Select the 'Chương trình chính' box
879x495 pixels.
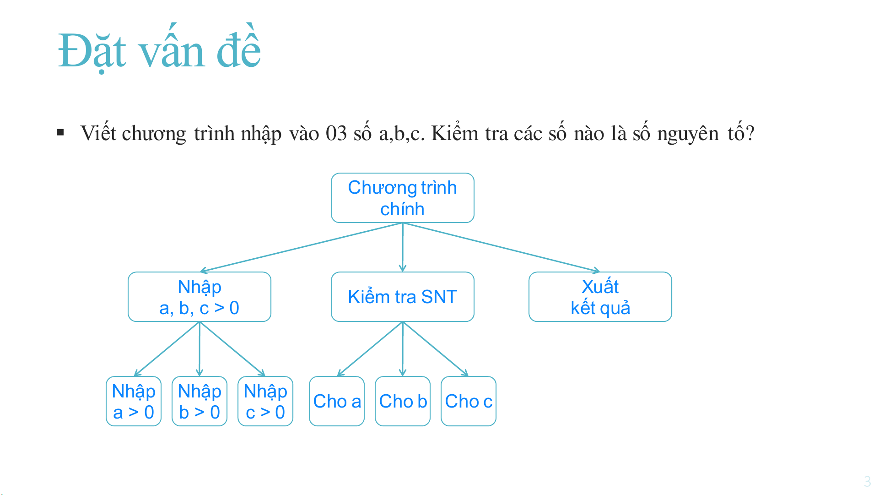[403, 198]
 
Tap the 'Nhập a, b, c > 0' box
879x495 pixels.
[200, 297]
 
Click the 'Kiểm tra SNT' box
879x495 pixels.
[403, 297]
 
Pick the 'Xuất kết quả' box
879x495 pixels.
[600, 297]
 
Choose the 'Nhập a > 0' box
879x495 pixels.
[134, 401]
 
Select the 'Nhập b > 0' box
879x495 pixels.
[200, 401]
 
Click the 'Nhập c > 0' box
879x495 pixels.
[265, 401]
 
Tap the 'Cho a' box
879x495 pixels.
[337, 401]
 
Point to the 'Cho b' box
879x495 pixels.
[403, 401]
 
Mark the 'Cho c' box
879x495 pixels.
[469, 401]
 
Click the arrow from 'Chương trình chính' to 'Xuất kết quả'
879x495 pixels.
[502, 247]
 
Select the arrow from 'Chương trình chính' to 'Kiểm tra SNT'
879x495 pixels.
[403, 247]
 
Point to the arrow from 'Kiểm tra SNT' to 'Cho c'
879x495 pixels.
[436, 349]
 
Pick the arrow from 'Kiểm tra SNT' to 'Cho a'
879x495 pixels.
[370, 349]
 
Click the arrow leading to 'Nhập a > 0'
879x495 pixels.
[167, 349]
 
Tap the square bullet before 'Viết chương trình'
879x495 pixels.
[60, 133]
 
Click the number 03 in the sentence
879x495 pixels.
[336, 133]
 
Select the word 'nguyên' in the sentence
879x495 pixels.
[688, 134]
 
